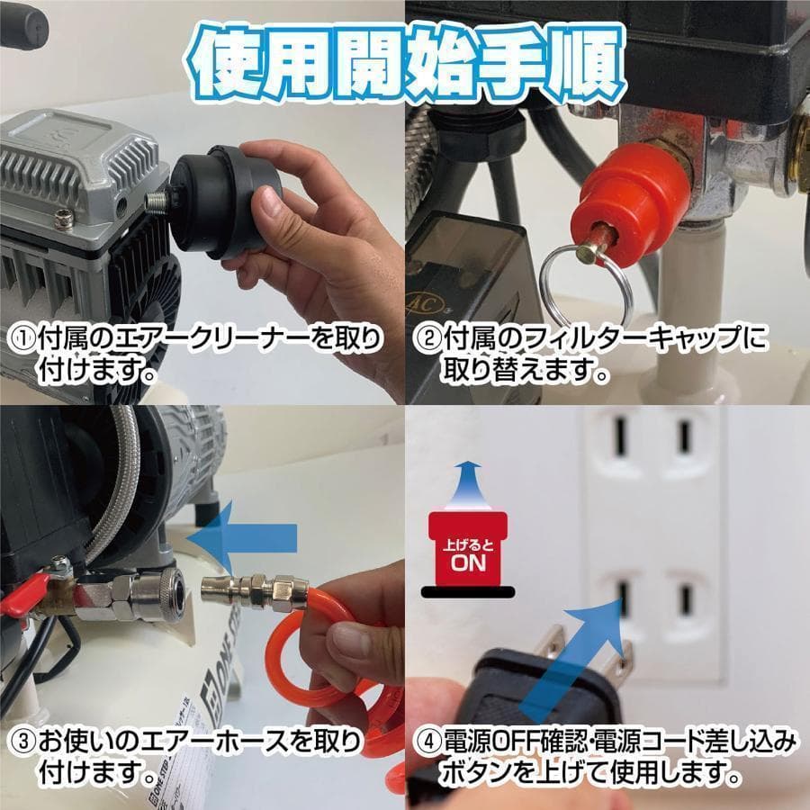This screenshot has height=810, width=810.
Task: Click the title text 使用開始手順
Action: (x=405, y=62)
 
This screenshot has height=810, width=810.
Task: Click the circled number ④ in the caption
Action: (x=427, y=743)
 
